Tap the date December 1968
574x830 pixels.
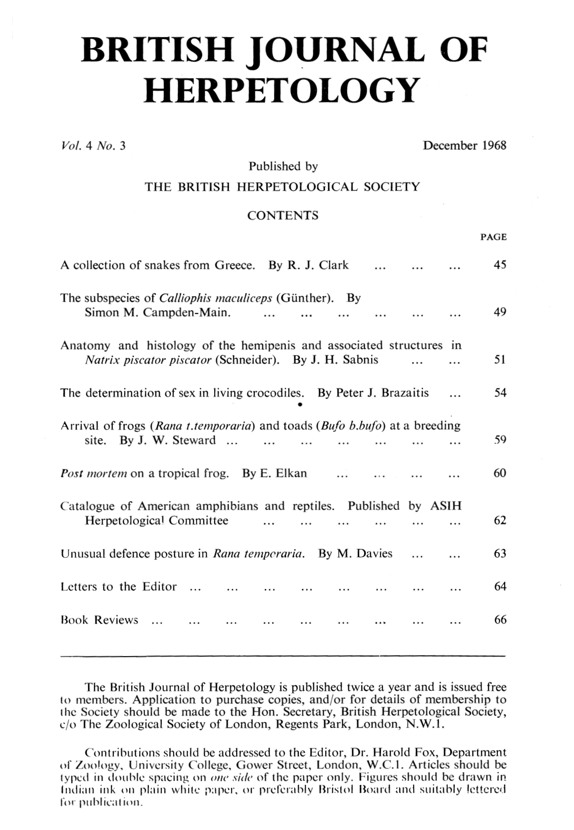click(464, 146)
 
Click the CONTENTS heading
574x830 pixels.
click(283, 215)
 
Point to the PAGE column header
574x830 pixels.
click(493, 237)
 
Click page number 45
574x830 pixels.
click(500, 265)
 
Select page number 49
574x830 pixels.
click(500, 312)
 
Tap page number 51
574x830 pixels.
click(500, 360)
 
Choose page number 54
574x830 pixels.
click(500, 393)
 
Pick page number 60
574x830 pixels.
click(500, 473)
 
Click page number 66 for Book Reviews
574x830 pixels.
click(500, 620)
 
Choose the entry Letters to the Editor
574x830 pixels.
click(118, 587)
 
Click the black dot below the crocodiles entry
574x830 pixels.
click(300, 405)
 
